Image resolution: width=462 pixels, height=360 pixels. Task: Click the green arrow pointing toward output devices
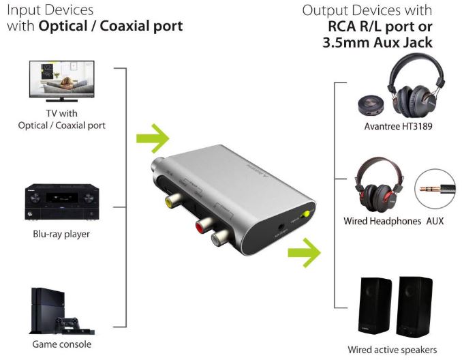coord(304,253)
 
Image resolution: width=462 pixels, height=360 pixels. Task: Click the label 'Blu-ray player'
coord(61,234)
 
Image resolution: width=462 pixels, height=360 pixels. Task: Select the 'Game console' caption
coord(61,344)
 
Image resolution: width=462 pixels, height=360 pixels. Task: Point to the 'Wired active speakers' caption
coord(392,350)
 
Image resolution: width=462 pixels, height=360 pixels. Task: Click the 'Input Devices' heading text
coord(50,11)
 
